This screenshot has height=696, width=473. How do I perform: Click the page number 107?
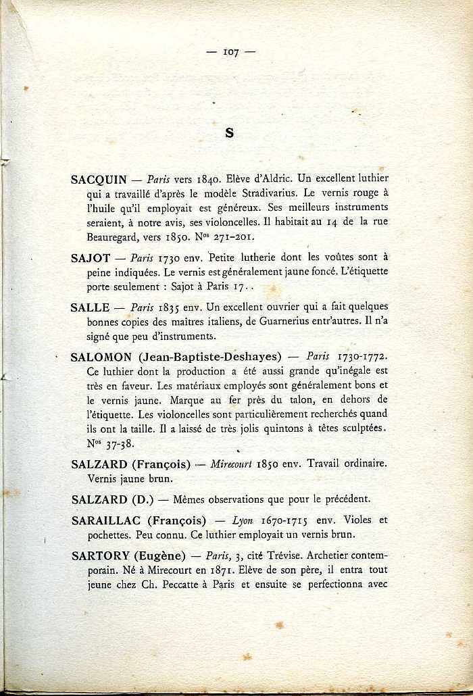[x=230, y=52]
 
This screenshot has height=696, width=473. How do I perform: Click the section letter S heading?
[x=229, y=133]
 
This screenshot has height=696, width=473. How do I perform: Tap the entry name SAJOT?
[x=91, y=257]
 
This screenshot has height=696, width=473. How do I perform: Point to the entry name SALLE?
[x=90, y=307]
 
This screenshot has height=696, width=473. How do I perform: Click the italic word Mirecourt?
[x=233, y=464]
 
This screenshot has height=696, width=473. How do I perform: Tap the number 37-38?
[x=120, y=444]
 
